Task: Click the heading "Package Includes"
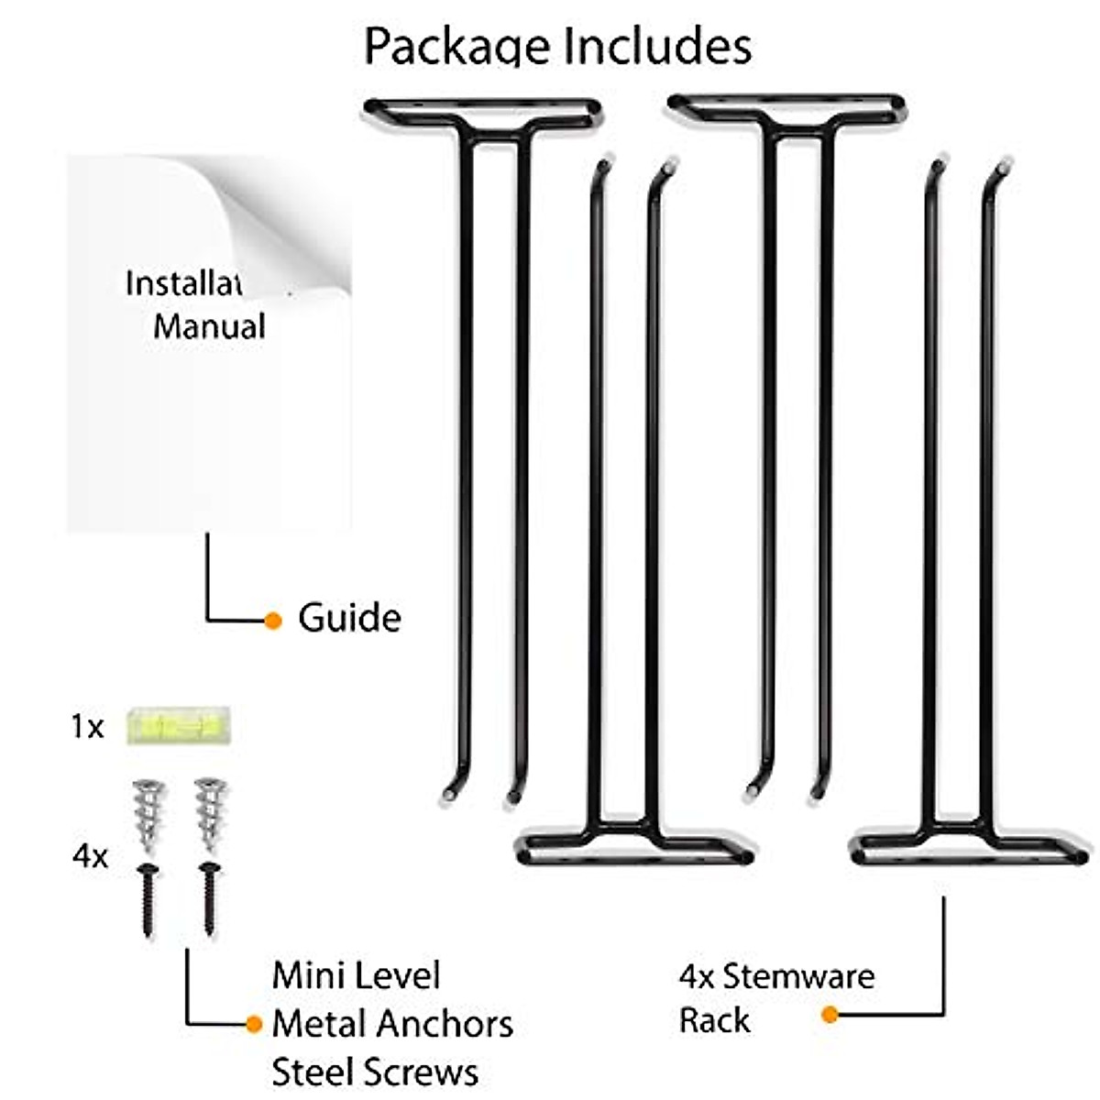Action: pyautogui.click(x=557, y=46)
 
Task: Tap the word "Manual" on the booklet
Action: pyautogui.click(x=209, y=327)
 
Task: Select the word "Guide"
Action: pyautogui.click(x=349, y=619)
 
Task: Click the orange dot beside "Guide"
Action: pyautogui.click(x=272, y=621)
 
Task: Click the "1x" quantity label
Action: pyautogui.click(x=88, y=727)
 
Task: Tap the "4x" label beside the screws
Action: pyautogui.click(x=90, y=857)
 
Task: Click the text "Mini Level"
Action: pyautogui.click(x=357, y=975)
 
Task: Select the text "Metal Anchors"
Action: pyautogui.click(x=392, y=1023)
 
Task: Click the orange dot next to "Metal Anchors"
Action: pyautogui.click(x=255, y=1024)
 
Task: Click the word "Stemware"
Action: pyautogui.click(x=798, y=976)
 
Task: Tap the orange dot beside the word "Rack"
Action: pyautogui.click(x=830, y=1015)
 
